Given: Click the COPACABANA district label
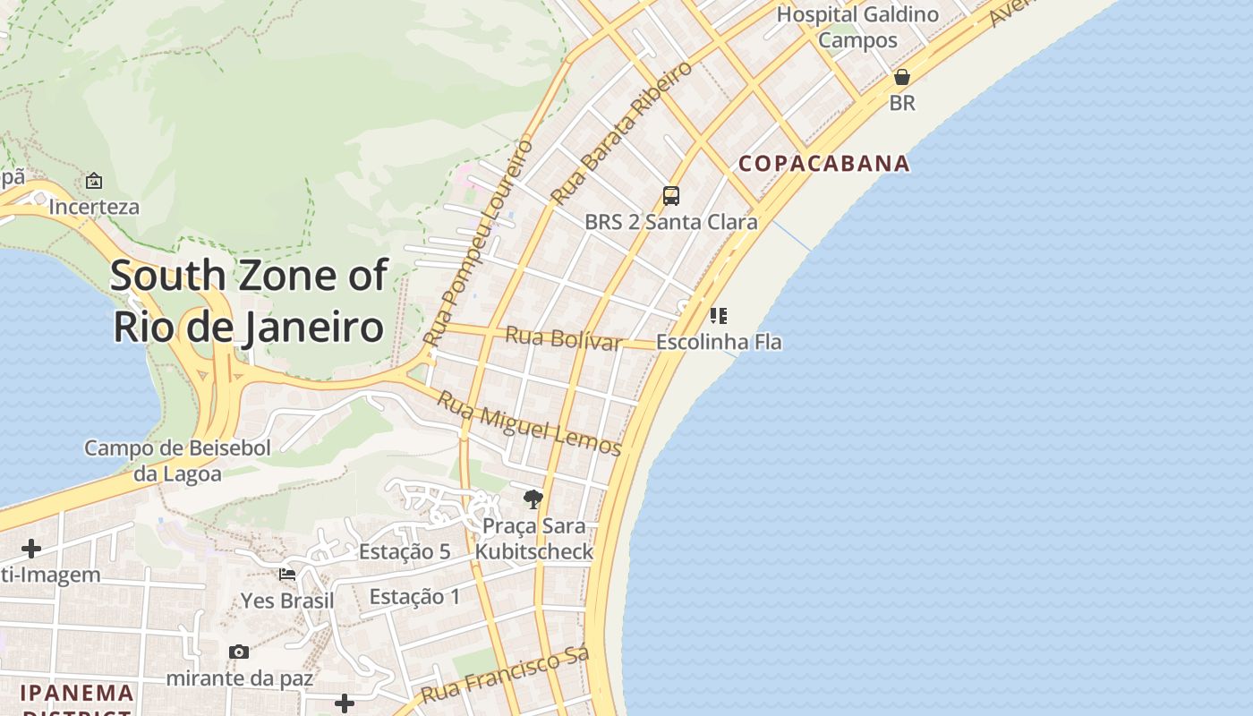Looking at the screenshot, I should pos(823,164).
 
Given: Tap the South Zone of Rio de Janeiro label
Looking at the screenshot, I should pos(249,302).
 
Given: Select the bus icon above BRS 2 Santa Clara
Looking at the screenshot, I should pos(670,195).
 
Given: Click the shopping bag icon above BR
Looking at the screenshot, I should pos(902,77).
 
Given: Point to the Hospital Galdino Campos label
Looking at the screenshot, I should pos(857,27).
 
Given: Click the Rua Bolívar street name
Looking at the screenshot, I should pos(563,339).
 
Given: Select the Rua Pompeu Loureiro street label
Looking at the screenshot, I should pos(478,243).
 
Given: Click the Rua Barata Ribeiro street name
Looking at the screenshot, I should pos(621,132).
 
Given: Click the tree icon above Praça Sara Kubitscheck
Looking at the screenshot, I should pos(533,499).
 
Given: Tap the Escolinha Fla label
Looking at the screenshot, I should pos(719,342).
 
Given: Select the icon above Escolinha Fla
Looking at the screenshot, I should pos(718,315).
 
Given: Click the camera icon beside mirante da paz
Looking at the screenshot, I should pos(238,652).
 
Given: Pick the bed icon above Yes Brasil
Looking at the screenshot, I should pos(287,574).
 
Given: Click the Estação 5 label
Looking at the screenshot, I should pos(405,551).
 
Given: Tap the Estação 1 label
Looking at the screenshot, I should pos(414,596).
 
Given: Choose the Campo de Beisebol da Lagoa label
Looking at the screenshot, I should pos(177,460).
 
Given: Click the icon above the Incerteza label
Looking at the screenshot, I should pos(94,181).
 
